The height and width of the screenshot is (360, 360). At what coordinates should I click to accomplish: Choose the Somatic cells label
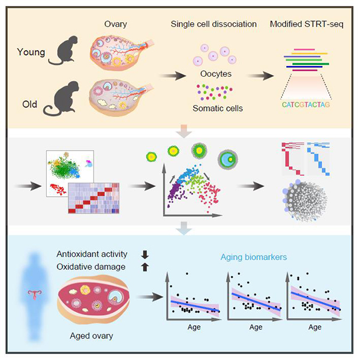pos(216,108)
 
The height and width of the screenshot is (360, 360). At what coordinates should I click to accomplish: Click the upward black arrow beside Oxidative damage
pos(144,267)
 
